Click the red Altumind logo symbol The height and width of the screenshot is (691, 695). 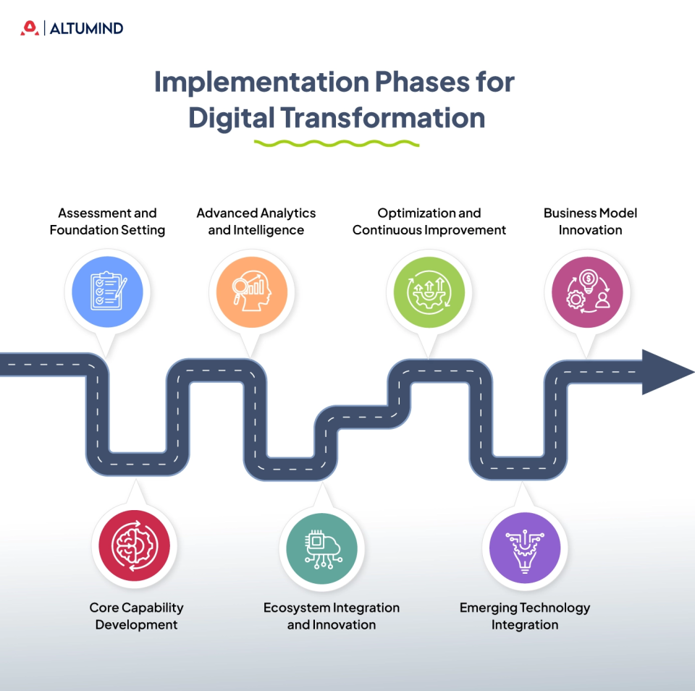(29, 28)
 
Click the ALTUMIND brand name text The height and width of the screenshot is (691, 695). (86, 29)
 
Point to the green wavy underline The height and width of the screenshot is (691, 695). (337, 143)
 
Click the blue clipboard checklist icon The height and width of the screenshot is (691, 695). (107, 292)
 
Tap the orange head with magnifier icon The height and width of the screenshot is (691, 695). (252, 292)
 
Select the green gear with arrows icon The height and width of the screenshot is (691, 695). (429, 292)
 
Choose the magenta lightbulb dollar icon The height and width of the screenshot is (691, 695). (586, 292)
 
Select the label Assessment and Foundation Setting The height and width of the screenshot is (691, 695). (107, 221)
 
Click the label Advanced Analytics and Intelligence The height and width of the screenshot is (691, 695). (256, 221)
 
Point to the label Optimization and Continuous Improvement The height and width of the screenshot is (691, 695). (429, 221)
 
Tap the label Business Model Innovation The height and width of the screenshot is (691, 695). (590, 221)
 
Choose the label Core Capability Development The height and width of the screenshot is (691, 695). (136, 616)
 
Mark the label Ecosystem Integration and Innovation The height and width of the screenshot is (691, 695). (331, 616)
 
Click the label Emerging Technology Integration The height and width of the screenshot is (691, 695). (525, 616)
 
